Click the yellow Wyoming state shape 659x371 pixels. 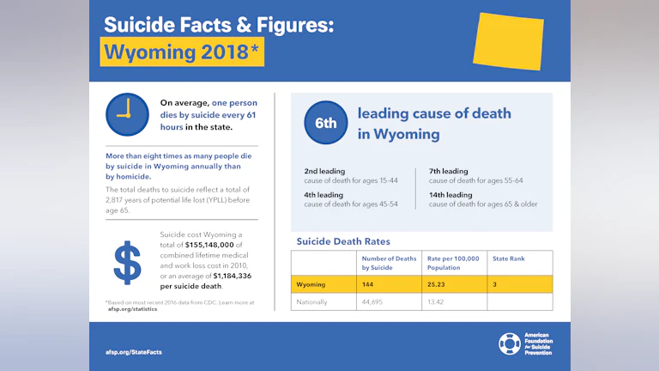pos(508,40)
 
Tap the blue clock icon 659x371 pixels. pos(127,114)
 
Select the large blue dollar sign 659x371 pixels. pos(128,263)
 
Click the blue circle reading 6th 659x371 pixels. pos(326,123)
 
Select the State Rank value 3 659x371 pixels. pos(495,283)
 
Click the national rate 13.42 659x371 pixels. pos(438,301)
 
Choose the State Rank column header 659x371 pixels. pos(508,258)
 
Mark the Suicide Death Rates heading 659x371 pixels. pos(343,241)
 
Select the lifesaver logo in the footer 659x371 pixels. pos(509,344)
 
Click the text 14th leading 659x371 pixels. pos(450,195)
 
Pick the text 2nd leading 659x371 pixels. pos(324,171)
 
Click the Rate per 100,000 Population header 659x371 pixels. pos(453,263)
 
